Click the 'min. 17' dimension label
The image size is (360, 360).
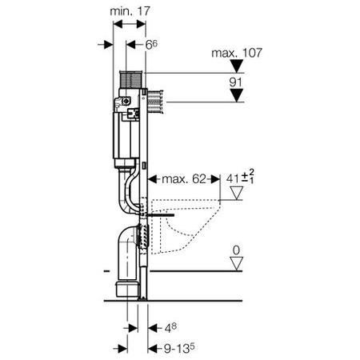point(130,11)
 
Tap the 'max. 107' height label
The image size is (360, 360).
point(237,53)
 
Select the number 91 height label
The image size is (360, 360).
point(236,82)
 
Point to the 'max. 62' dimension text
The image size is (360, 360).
point(184,179)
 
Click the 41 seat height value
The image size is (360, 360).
point(232,178)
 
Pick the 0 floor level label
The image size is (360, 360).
point(236,250)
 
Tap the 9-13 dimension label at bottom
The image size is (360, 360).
point(179,348)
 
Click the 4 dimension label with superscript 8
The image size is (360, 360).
point(170,328)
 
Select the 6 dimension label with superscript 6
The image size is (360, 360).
point(151,45)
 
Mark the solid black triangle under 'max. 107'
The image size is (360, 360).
point(237,66)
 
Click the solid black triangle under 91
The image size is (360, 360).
point(237,95)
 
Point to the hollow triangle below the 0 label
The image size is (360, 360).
point(237,264)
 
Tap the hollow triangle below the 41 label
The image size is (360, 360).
point(237,193)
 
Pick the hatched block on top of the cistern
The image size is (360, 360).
point(130,79)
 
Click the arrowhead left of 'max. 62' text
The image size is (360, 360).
point(153,179)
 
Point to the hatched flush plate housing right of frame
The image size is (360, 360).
point(155,102)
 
